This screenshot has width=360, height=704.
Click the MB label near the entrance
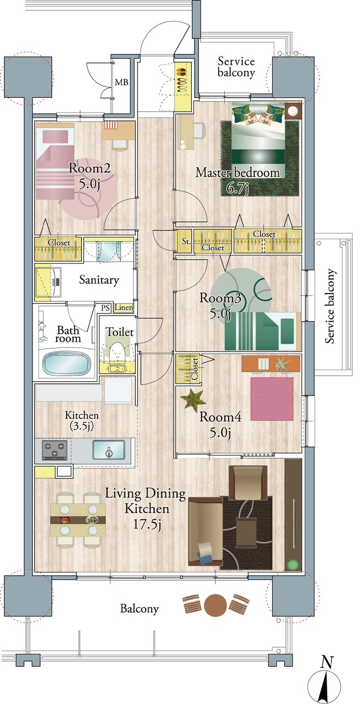121,82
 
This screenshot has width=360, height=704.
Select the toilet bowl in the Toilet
117,355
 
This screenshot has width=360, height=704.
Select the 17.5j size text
147,525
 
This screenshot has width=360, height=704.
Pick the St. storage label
186,241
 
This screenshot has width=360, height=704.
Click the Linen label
124,307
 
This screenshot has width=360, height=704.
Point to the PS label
105,308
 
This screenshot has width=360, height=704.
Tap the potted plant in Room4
193,399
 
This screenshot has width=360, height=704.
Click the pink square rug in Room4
272,399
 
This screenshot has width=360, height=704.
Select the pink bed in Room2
55,161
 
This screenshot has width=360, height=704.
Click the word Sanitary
99,280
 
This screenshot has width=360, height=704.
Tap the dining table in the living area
78,520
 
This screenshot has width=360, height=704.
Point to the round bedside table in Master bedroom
294,111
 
